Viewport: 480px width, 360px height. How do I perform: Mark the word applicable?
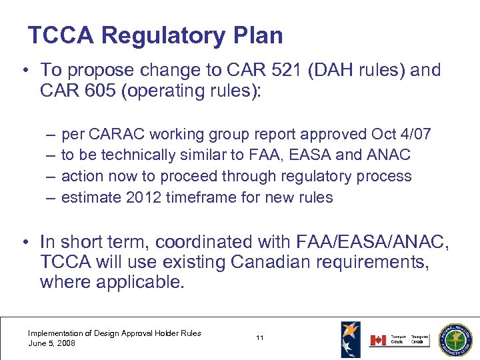pos(140,281)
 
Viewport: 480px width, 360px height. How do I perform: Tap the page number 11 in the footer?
pos(259,338)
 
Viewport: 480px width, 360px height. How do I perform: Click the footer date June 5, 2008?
pos(52,343)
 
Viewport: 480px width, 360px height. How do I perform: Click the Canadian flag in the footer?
pos(377,340)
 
